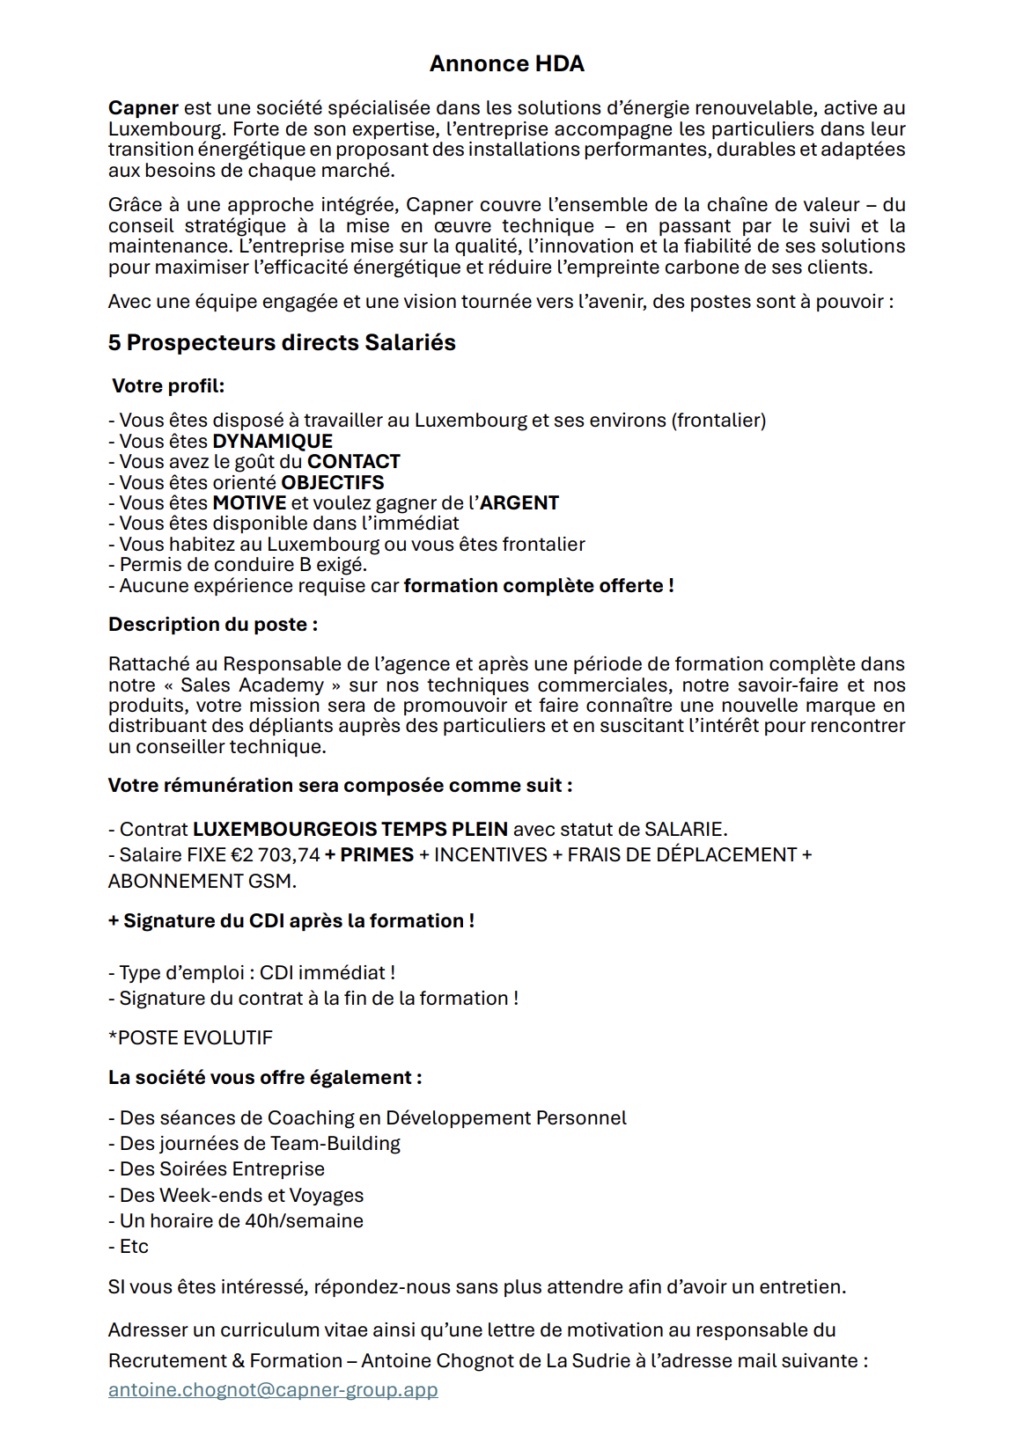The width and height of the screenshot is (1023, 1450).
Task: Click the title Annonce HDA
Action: pos(506,64)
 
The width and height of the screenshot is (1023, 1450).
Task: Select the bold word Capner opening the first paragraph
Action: pos(144,108)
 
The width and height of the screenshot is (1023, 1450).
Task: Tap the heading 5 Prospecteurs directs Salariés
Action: pos(282,343)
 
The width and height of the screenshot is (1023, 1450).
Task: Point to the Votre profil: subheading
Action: pos(168,386)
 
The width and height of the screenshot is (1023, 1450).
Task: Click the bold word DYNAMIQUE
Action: pos(273,442)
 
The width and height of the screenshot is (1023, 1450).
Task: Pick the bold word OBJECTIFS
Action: pos(333,483)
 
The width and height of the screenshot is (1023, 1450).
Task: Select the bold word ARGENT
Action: pos(519,503)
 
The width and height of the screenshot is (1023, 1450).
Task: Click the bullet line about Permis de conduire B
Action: pos(238,565)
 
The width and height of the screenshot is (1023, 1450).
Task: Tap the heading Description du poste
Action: pos(213,625)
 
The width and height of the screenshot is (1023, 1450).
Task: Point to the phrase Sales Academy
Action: pos(253,685)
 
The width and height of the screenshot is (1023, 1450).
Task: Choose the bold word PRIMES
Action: pos(377,855)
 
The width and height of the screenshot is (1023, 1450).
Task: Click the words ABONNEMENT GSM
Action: pos(202,882)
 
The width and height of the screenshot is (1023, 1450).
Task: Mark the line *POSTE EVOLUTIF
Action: pos(190,1038)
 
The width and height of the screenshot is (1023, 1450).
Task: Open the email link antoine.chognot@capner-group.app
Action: pos(273,1390)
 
